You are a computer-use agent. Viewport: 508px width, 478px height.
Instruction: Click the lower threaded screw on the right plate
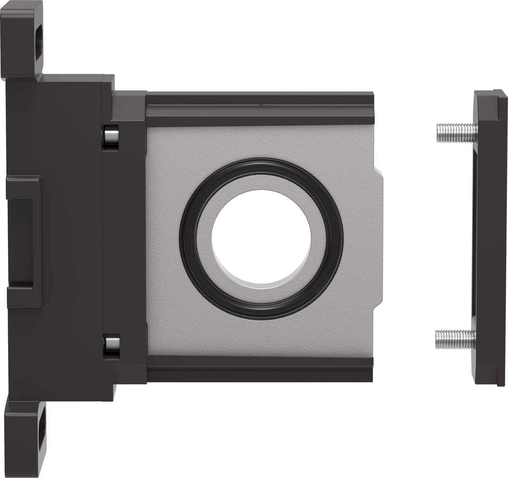coord(454,339)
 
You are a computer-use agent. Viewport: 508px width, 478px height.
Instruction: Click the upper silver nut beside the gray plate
coord(112,137)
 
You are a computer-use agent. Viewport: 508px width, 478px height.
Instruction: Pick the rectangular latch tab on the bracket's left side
coord(23,241)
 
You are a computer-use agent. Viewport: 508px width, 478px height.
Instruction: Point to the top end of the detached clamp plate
coord(490,103)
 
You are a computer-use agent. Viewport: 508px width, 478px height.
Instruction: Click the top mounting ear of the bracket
coord(22,38)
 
